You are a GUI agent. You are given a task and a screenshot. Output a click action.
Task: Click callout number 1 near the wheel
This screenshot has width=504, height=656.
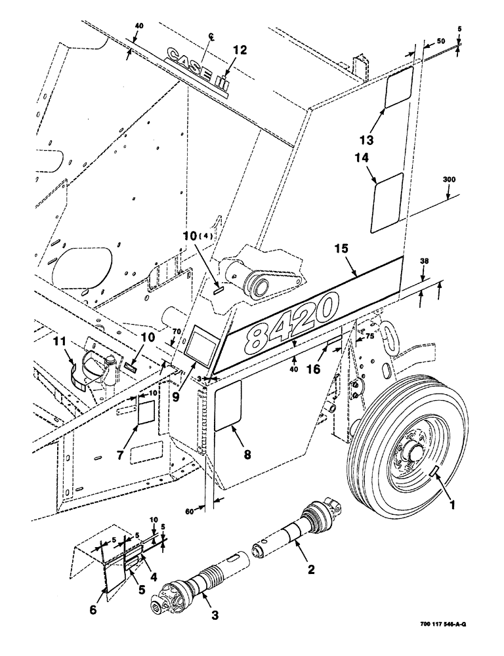point(452,506)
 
